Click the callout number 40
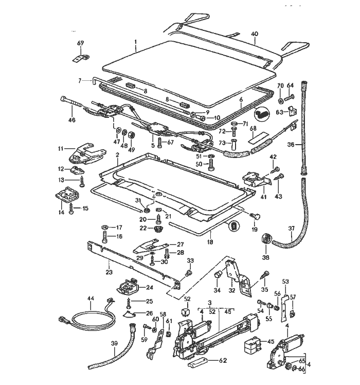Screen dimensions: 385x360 pos(254,34)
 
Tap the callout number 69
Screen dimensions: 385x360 pos(80,43)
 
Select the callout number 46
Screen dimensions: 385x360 pos(72,120)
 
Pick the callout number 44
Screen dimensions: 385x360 pos(91,299)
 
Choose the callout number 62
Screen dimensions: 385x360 pos(223,360)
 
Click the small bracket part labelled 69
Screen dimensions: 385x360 pos(79,56)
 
